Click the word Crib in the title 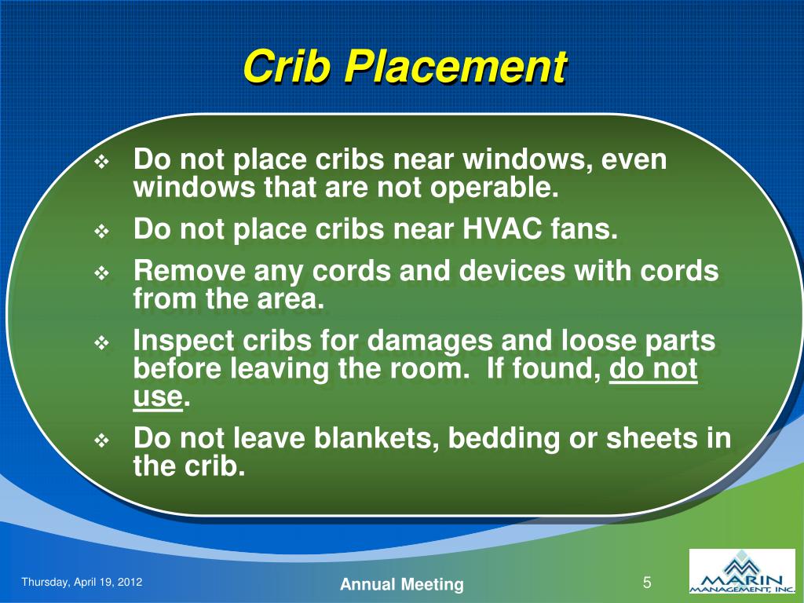(x=287, y=67)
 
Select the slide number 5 (x=648, y=583)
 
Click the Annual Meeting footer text (x=401, y=584)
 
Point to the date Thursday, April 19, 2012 (x=82, y=582)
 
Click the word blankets (x=376, y=438)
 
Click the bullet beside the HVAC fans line (x=104, y=232)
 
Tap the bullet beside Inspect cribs (x=104, y=343)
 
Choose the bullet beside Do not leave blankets (x=104, y=440)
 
